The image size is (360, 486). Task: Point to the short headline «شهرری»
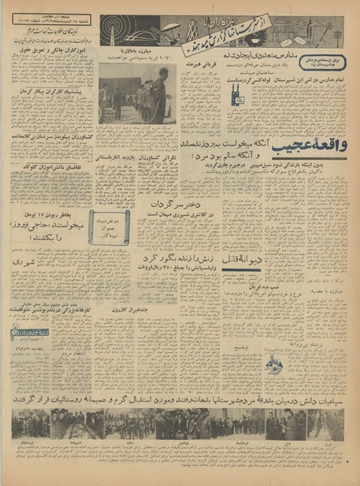point(23,261)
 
